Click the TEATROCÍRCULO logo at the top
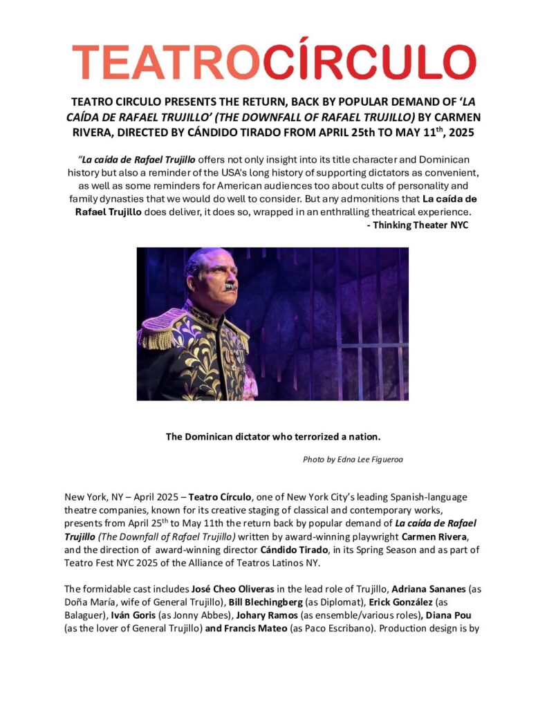pos(274,62)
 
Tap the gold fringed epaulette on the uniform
pos(160,330)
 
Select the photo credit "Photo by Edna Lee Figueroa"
pos(353,459)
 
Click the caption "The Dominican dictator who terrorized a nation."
pos(273,436)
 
